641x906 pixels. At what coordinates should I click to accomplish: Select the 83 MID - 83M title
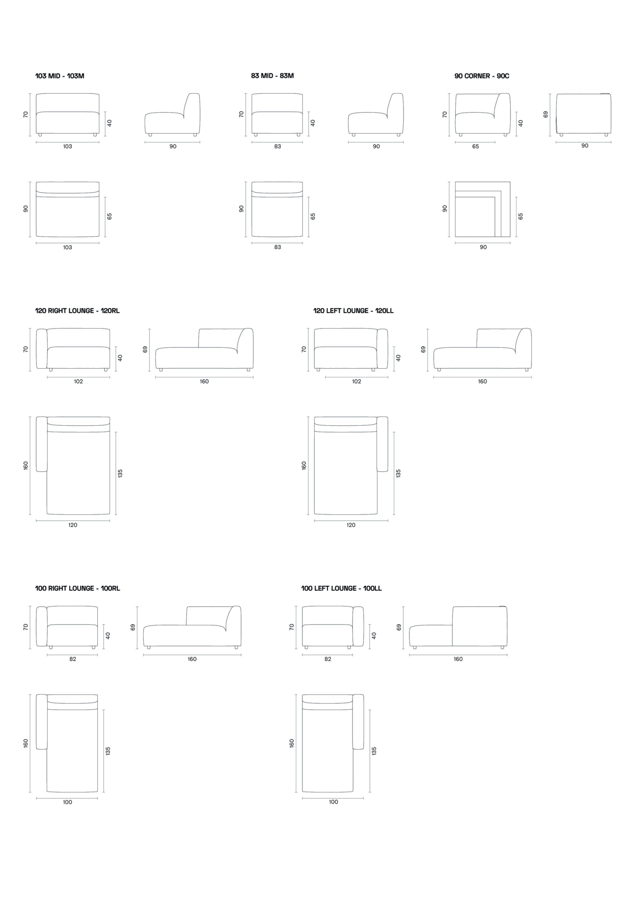(273, 76)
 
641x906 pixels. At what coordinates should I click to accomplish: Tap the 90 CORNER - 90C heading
(482, 76)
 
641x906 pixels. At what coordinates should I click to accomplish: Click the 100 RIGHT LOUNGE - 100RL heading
(78, 588)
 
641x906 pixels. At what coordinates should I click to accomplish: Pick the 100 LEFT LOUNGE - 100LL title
(341, 588)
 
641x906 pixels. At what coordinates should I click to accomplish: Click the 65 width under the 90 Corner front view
(476, 147)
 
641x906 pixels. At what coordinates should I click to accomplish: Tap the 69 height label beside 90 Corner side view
(546, 114)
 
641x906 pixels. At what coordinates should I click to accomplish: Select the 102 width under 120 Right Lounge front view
(78, 382)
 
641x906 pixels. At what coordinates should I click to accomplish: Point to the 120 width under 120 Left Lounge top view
(351, 525)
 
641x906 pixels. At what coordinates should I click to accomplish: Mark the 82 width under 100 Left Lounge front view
(328, 659)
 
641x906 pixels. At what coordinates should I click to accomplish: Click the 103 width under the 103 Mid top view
(68, 247)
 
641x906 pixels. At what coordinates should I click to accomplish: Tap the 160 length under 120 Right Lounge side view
(204, 382)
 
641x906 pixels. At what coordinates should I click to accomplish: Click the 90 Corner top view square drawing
(483, 209)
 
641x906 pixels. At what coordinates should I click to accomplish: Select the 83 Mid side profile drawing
(376, 114)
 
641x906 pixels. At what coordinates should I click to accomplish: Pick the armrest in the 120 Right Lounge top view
(41, 444)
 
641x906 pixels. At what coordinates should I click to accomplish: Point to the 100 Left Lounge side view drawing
(458, 627)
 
